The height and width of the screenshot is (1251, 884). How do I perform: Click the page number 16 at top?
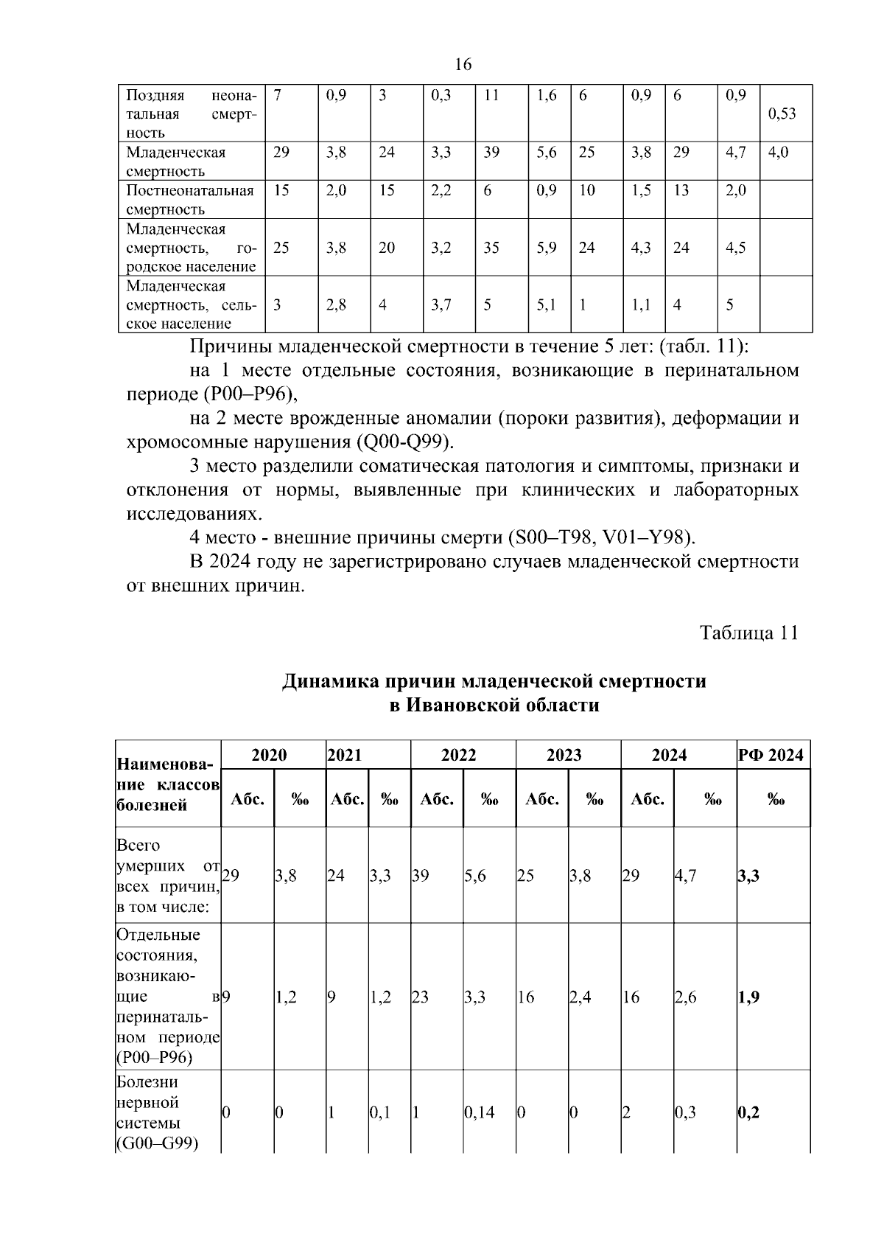[463, 65]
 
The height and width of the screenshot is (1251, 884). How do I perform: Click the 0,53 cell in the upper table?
[782, 114]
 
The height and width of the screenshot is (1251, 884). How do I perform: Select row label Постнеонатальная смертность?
[190, 200]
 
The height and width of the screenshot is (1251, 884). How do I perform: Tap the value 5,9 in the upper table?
[547, 248]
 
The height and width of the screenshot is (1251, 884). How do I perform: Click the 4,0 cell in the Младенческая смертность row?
[778, 153]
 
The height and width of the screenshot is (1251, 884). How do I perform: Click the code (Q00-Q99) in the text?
[404, 442]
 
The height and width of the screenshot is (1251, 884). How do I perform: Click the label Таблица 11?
[748, 633]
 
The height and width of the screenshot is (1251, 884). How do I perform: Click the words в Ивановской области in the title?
[494, 705]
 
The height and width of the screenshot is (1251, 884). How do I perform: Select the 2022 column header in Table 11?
[459, 755]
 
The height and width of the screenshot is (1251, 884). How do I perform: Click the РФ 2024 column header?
[771, 755]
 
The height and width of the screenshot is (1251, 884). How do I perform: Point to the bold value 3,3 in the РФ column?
[748, 876]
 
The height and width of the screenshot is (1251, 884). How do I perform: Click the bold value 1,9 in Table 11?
[748, 997]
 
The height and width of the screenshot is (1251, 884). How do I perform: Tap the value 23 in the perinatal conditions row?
[420, 997]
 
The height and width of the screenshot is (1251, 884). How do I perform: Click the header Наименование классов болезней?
[168, 784]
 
